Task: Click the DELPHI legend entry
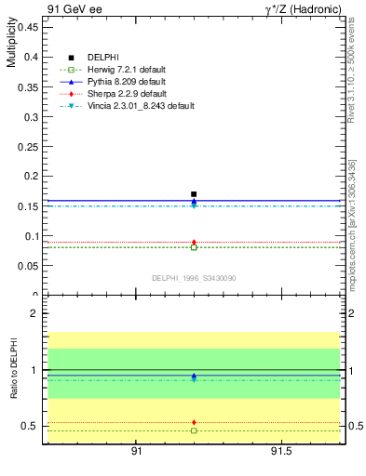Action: click(102, 58)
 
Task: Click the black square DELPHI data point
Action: click(194, 194)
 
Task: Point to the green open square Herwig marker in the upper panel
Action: click(194, 247)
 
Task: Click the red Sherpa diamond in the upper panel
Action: click(194, 243)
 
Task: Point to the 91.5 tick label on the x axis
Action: click(280, 451)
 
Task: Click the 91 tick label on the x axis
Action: click(136, 451)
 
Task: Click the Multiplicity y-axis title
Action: click(11, 46)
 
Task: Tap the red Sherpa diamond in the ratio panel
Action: click(194, 422)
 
